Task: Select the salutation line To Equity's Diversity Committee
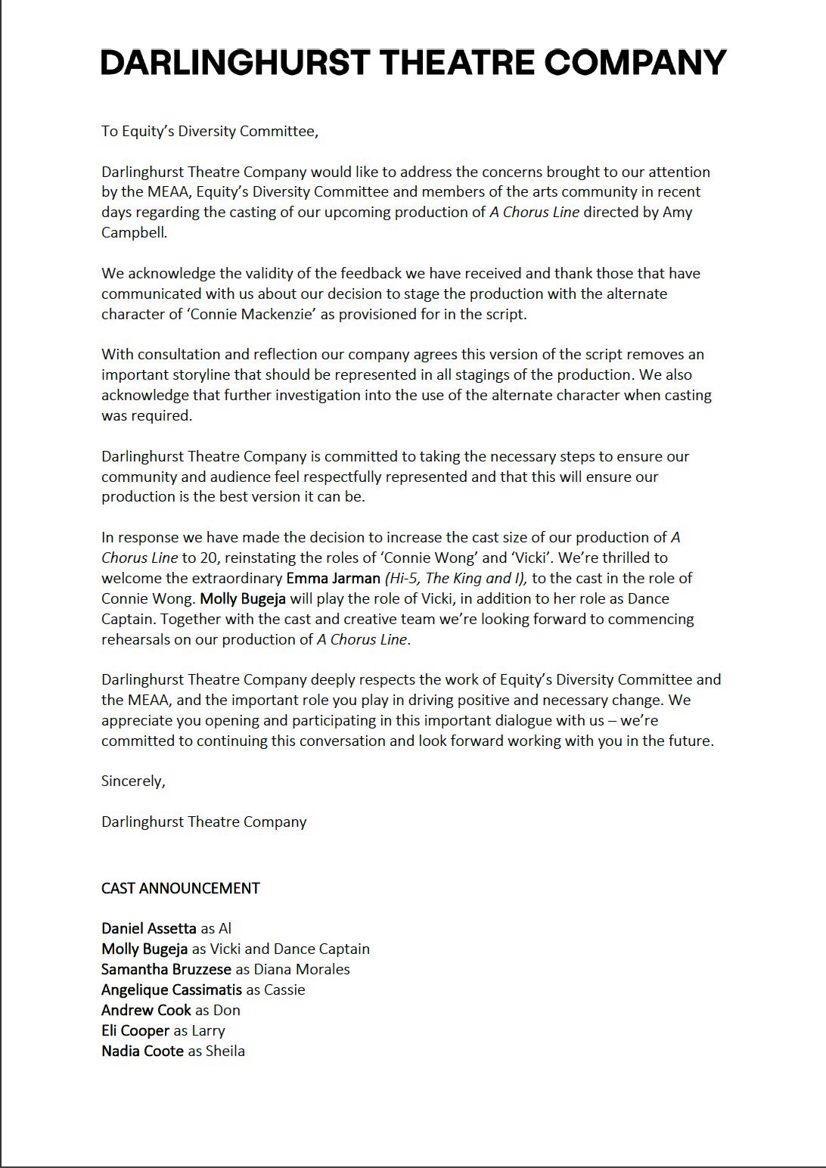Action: pyautogui.click(x=210, y=132)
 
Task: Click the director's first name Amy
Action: pyautogui.click(x=677, y=213)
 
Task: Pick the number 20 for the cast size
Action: pyautogui.click(x=210, y=558)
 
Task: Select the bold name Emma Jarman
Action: pyautogui.click(x=333, y=579)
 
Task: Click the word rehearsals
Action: pyautogui.click(x=136, y=640)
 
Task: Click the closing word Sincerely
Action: pyautogui.click(x=133, y=781)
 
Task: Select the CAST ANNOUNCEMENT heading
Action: pyautogui.click(x=180, y=889)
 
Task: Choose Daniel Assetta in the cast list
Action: pyautogui.click(x=149, y=929)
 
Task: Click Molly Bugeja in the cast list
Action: pyautogui.click(x=144, y=949)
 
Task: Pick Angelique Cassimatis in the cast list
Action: pyautogui.click(x=172, y=990)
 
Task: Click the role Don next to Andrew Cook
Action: pyautogui.click(x=227, y=1011)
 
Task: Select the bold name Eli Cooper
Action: pyautogui.click(x=135, y=1031)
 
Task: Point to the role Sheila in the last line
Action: pyautogui.click(x=225, y=1052)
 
